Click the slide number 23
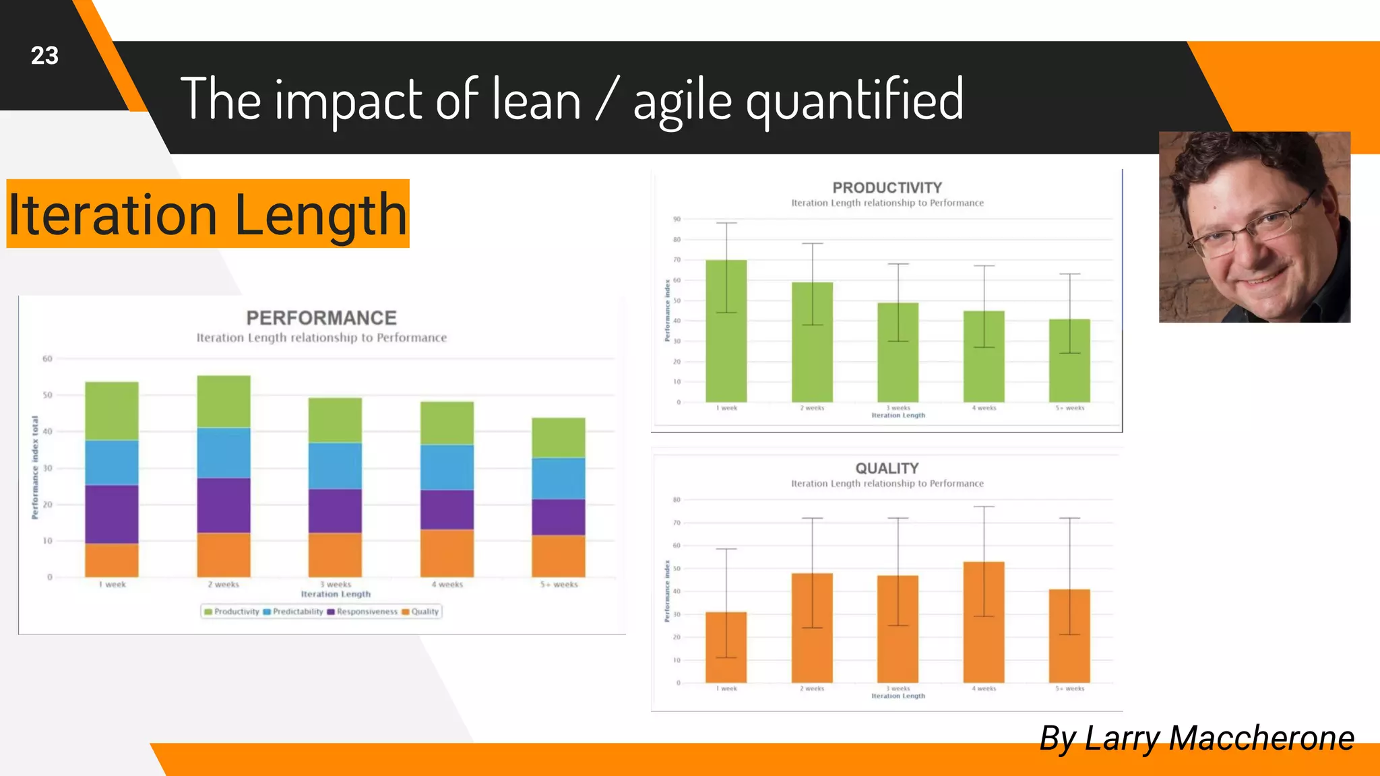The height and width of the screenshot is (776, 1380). (x=44, y=56)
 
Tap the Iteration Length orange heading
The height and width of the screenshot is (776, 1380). (x=208, y=214)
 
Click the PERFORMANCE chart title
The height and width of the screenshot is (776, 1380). (x=321, y=318)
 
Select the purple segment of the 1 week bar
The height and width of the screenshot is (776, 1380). (x=112, y=514)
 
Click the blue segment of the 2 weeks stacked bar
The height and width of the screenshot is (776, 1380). (x=224, y=453)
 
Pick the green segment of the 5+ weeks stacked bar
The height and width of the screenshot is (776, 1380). (x=559, y=438)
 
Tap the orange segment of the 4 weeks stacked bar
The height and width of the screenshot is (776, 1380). (x=447, y=553)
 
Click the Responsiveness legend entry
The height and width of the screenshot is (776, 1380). (x=366, y=612)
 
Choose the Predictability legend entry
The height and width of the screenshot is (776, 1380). (x=297, y=612)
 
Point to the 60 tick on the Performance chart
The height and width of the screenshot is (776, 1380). (x=47, y=359)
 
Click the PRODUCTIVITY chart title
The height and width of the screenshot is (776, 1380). (x=887, y=188)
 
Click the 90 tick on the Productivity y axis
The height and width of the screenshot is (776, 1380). (x=677, y=219)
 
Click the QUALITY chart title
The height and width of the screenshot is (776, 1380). (x=887, y=468)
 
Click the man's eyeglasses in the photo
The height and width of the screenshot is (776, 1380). (x=1253, y=229)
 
